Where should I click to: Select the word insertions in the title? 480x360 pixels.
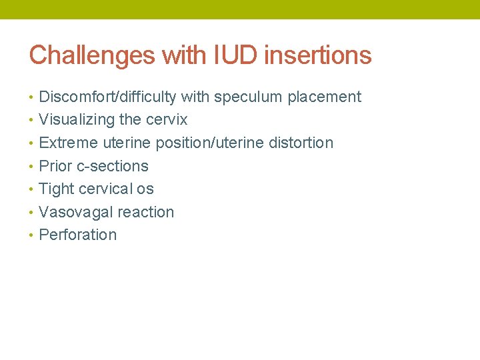(x=318, y=55)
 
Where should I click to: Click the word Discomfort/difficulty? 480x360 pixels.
(x=107, y=97)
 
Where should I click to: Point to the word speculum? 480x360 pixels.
(x=248, y=97)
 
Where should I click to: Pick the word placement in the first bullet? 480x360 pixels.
(x=324, y=97)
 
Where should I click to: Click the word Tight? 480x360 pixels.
(x=57, y=189)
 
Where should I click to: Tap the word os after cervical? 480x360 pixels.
(x=145, y=189)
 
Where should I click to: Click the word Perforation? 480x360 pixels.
(x=78, y=235)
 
